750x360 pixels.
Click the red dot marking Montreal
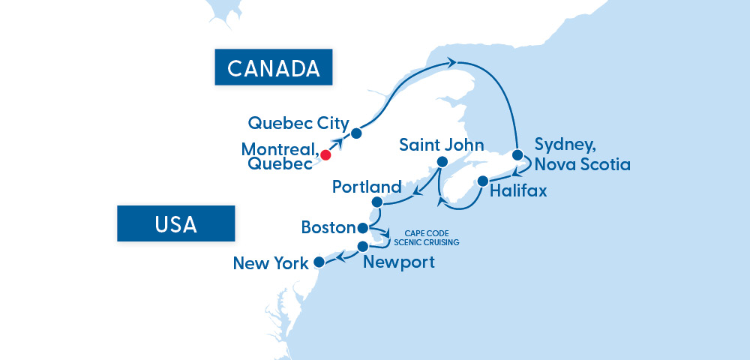tap(325, 155)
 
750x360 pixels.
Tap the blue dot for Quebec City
tap(356, 133)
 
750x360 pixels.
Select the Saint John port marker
tap(442, 163)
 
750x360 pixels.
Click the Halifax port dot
tap(483, 181)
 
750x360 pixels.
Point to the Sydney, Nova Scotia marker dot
tap(517, 155)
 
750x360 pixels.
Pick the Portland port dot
tap(377, 202)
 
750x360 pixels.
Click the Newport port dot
tap(363, 247)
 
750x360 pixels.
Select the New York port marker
tap(319, 262)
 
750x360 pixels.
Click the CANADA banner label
tap(274, 68)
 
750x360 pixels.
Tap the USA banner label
tap(176, 223)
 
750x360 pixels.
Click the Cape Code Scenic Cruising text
tap(426, 238)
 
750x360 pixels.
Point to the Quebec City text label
tap(298, 123)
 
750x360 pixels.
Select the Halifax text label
tap(518, 191)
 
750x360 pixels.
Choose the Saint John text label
tap(442, 144)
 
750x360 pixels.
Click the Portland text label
tap(367, 186)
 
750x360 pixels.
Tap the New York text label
tap(271, 263)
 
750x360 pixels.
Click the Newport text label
tap(398, 262)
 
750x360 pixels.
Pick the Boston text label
tap(328, 226)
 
